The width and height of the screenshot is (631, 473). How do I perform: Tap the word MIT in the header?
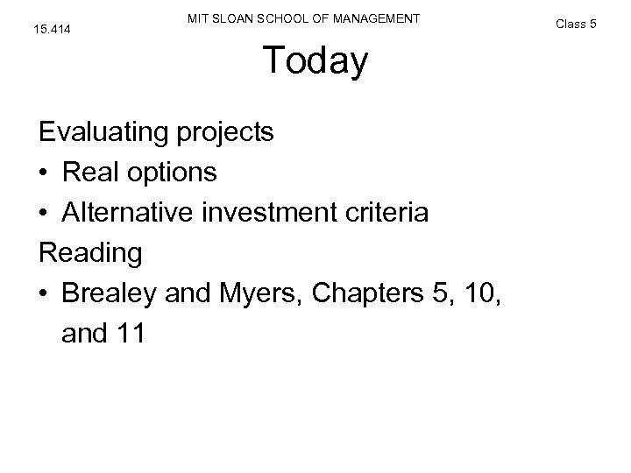point(199,18)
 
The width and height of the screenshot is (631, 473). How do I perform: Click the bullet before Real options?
point(44,173)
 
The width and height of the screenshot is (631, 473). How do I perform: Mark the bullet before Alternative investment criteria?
point(44,213)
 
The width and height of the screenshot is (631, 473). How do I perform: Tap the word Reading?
point(89,253)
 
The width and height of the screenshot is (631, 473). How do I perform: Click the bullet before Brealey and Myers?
point(44,293)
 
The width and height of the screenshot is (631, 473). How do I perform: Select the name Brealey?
point(109,293)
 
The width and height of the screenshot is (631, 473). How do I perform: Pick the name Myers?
point(262,293)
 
